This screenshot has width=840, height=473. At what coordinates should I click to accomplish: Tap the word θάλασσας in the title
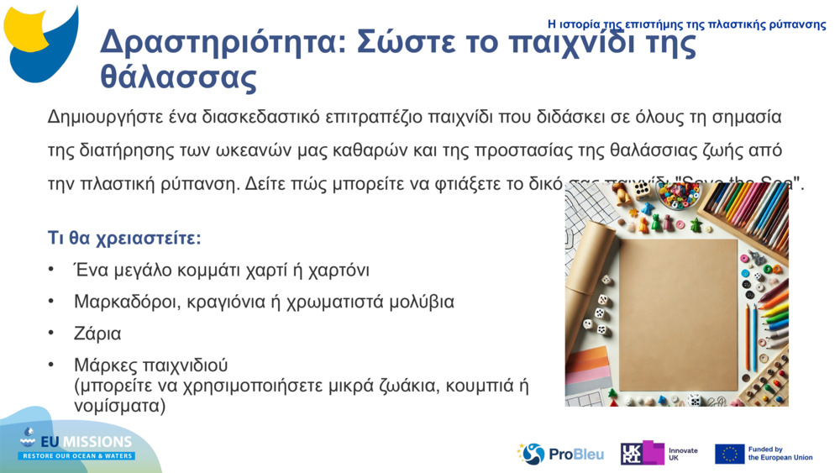(178, 76)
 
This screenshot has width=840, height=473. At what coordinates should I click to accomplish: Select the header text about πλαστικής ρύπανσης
(686, 24)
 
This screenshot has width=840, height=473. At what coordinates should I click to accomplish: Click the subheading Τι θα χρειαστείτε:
(124, 238)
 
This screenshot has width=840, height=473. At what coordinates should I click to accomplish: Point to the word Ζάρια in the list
(97, 334)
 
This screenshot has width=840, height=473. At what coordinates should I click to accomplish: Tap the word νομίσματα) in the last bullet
(119, 406)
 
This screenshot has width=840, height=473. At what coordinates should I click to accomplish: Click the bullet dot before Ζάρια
(53, 334)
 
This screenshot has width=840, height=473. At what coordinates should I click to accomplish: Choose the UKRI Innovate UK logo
(659, 454)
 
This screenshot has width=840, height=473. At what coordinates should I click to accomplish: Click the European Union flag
(729, 454)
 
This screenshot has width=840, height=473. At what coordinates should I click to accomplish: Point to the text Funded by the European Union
(780, 454)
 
